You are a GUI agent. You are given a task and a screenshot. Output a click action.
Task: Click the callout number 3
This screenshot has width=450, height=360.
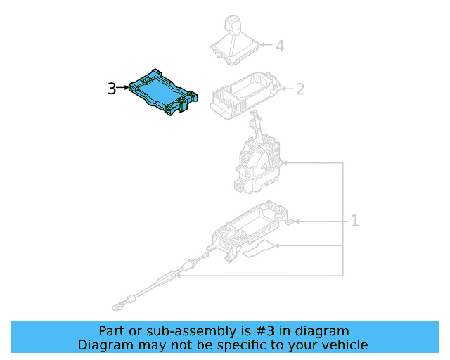click(112, 89)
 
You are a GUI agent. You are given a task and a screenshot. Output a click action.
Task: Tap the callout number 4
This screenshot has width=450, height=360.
click(280, 46)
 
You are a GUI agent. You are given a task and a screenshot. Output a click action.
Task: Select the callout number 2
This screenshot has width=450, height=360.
click(300, 89)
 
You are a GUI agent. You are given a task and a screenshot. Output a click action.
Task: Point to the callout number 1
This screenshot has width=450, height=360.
click(355, 221)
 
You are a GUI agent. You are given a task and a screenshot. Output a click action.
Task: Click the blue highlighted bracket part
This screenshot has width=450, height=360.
click(162, 92)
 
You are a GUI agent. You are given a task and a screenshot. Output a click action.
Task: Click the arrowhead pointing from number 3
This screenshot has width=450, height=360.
click(127, 87)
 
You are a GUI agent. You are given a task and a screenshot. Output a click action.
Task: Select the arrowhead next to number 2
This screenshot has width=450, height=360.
click(283, 89)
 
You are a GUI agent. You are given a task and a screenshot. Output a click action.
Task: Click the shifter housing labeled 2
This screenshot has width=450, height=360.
click(246, 95)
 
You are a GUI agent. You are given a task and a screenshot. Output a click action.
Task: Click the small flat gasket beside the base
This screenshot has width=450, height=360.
click(259, 249)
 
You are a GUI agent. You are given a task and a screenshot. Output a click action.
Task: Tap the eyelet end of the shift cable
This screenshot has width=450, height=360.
click(117, 307)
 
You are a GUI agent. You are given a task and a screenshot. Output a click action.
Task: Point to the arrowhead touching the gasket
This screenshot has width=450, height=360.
click(277, 245)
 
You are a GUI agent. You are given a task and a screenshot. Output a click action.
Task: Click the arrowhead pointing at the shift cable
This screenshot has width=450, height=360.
click(178, 276)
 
